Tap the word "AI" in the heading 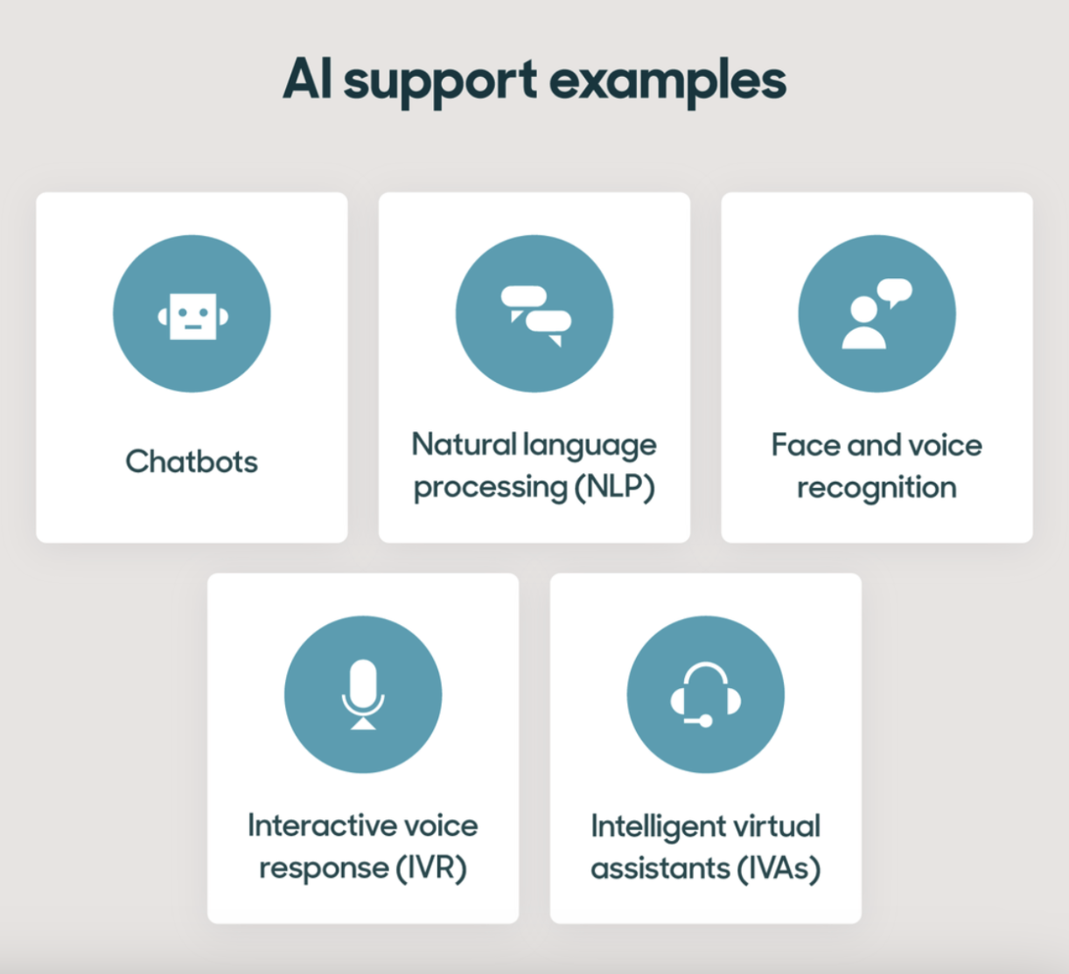307,79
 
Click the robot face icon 192,316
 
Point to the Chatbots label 192,461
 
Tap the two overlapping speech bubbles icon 535,316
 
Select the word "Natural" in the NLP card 464,444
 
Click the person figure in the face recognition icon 863,323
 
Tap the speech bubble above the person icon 895,291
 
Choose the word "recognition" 877,488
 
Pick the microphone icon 363,694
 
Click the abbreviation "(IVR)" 430,867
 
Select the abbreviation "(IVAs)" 779,868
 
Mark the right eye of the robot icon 203,313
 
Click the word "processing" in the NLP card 491,488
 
